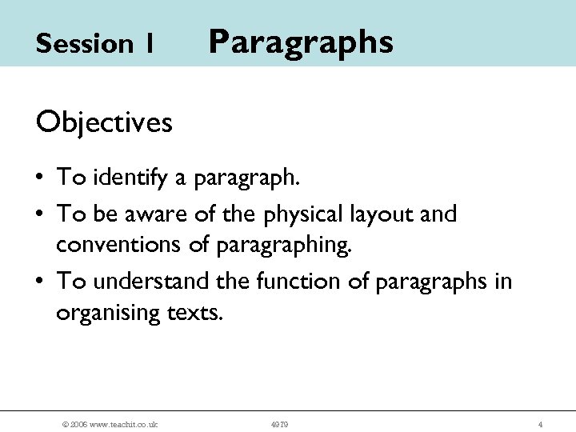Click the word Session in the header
coord(84,44)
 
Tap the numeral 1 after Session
coord(150,44)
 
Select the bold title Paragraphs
coord(301,42)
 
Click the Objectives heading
coord(104,122)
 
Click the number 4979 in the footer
coord(279,424)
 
